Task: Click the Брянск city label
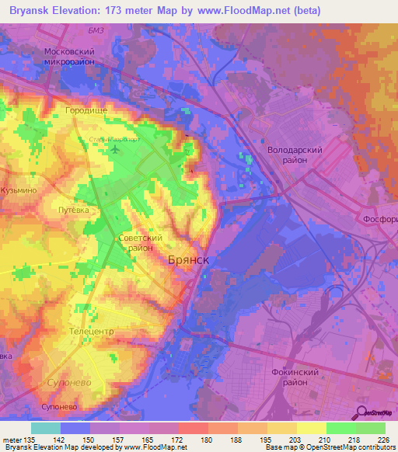click(x=189, y=262)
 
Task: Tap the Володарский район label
click(x=295, y=152)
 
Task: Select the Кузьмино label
click(x=19, y=189)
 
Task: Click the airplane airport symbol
click(x=116, y=148)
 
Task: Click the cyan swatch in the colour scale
click(x=46, y=428)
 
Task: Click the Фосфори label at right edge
click(x=381, y=220)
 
